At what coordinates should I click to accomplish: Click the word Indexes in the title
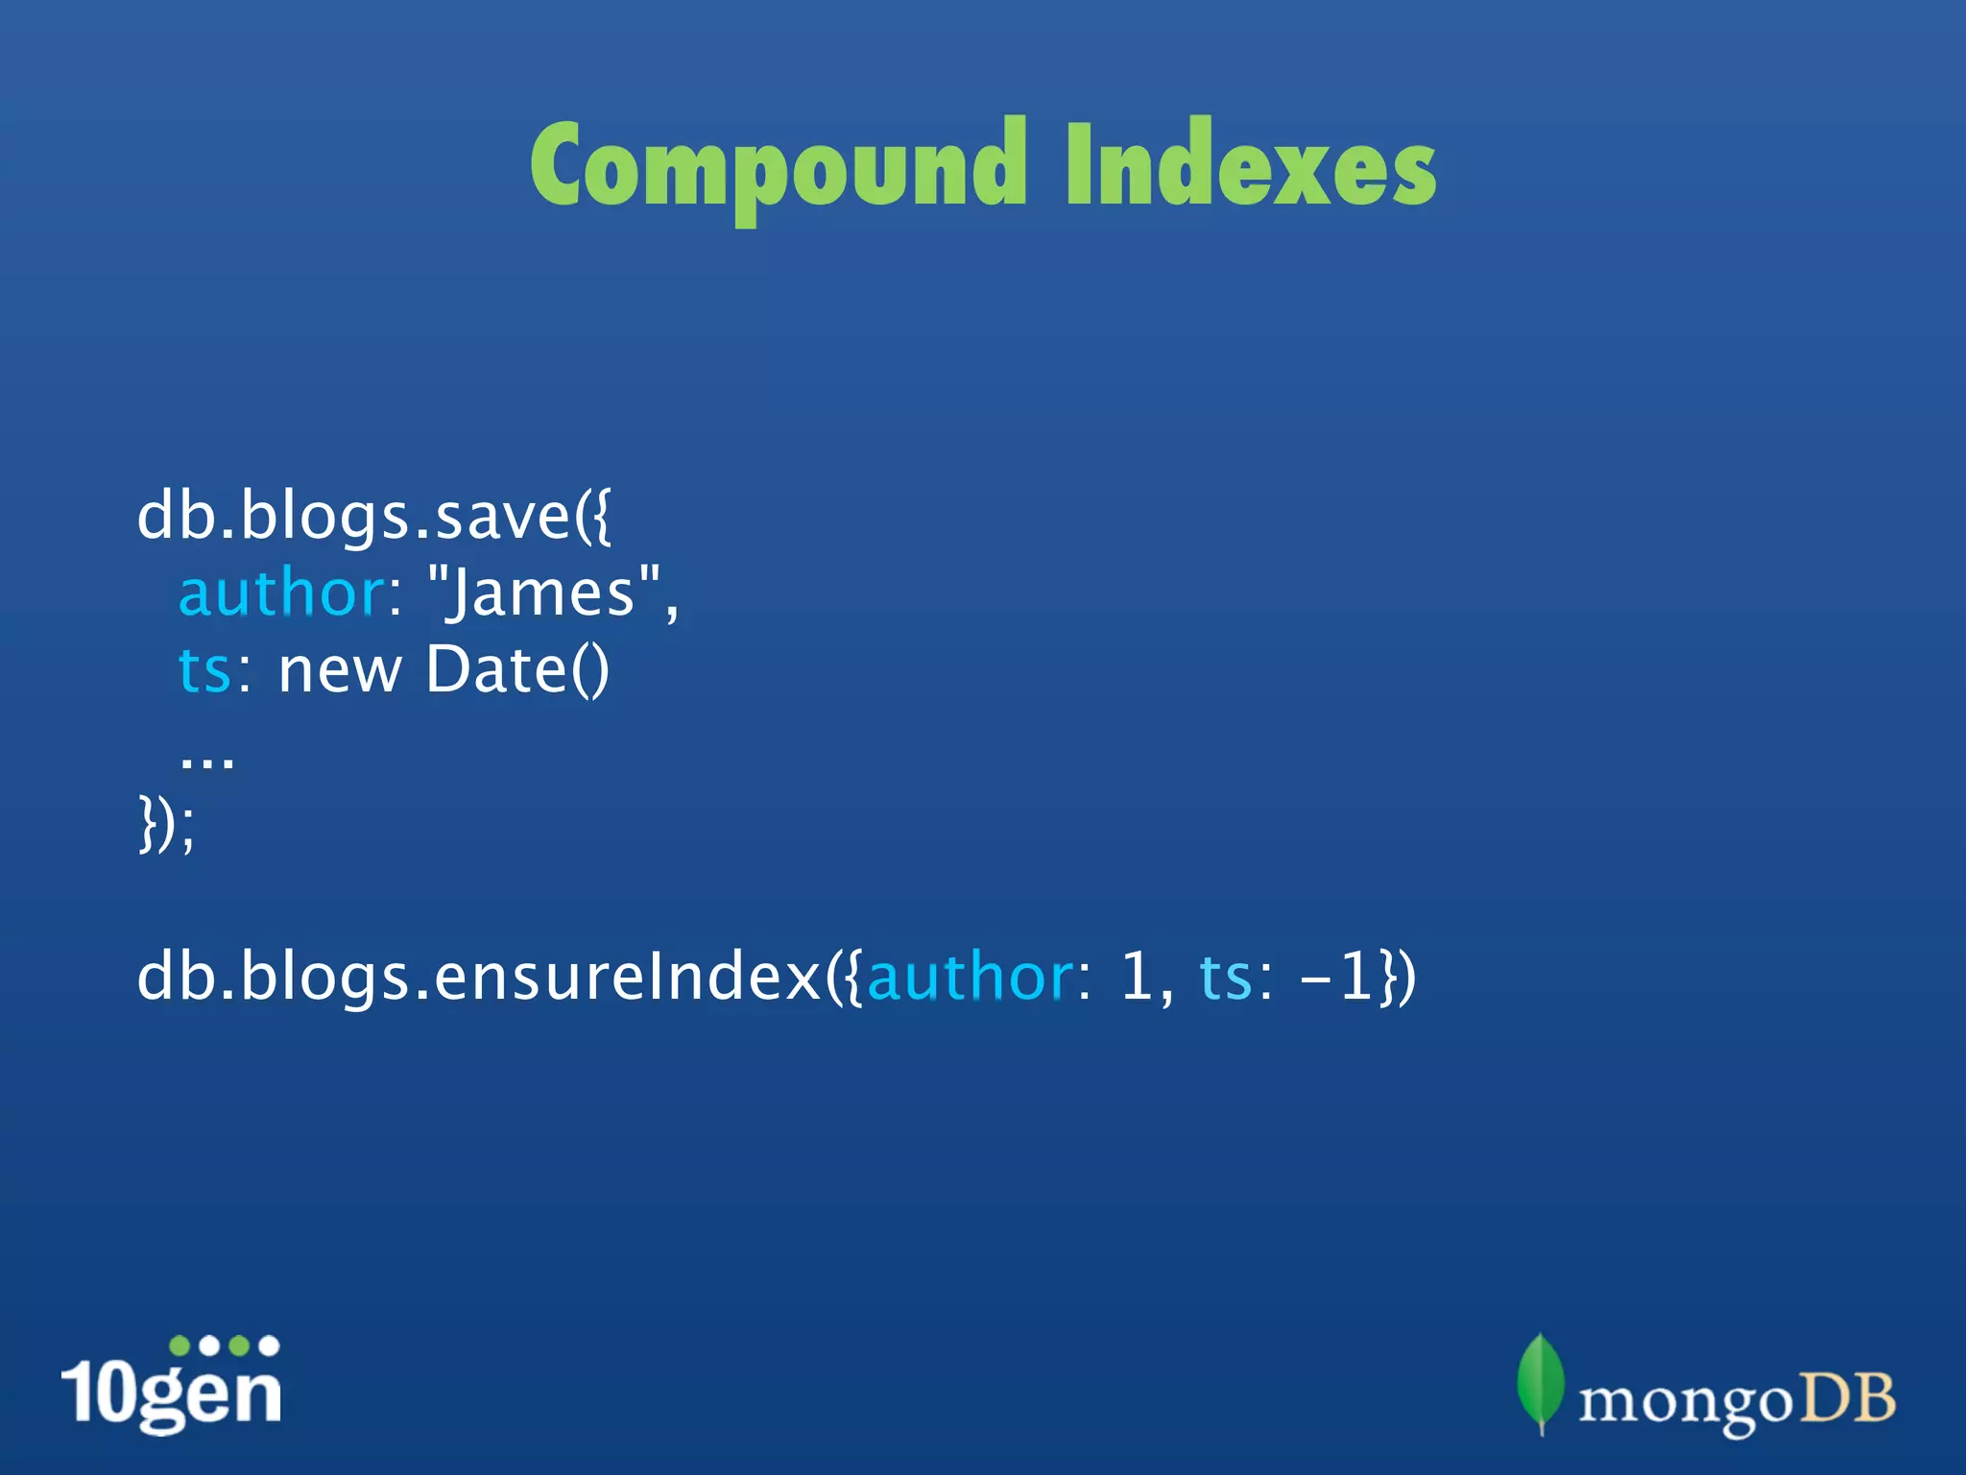[x=1250, y=165]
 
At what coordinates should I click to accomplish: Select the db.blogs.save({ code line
[x=373, y=517]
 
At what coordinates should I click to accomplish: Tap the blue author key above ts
[x=281, y=593]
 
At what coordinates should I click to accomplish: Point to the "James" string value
[x=544, y=593]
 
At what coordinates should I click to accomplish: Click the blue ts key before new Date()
[x=204, y=670]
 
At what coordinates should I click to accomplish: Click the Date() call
[x=516, y=670]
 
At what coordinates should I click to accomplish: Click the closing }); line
[x=167, y=824]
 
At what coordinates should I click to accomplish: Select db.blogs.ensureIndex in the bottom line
[x=480, y=978]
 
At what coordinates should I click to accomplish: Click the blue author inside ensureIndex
[x=970, y=978]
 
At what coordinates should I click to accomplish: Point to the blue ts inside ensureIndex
[x=1226, y=978]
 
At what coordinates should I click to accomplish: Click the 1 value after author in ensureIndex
[x=1137, y=978]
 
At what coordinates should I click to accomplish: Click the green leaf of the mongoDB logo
[x=1540, y=1381]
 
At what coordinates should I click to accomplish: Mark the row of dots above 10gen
[x=224, y=1345]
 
